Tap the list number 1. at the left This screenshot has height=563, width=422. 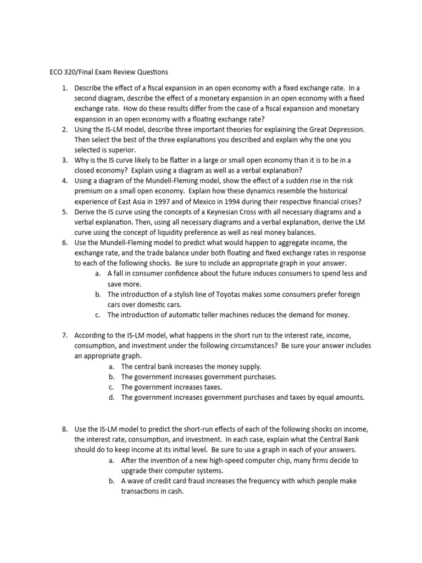(x=64, y=88)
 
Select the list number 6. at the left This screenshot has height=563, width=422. (x=64, y=242)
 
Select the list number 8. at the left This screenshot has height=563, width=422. (x=64, y=429)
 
